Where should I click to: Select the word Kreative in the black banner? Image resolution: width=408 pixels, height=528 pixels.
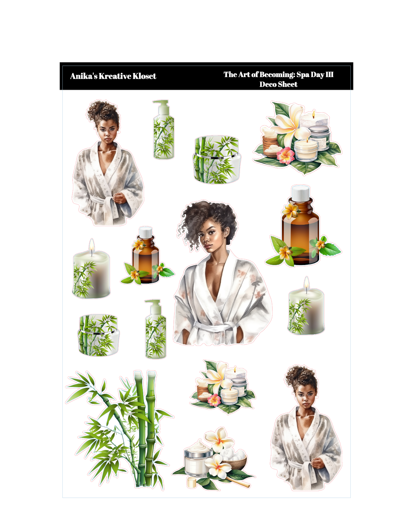[x=115, y=76]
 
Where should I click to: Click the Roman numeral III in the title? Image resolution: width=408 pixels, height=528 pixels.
[x=329, y=74]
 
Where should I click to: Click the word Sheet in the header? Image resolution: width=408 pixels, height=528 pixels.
[x=288, y=84]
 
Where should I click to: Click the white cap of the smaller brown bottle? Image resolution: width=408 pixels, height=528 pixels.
[x=146, y=233]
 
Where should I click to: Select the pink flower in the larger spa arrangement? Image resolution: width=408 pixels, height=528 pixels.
[x=285, y=156]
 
